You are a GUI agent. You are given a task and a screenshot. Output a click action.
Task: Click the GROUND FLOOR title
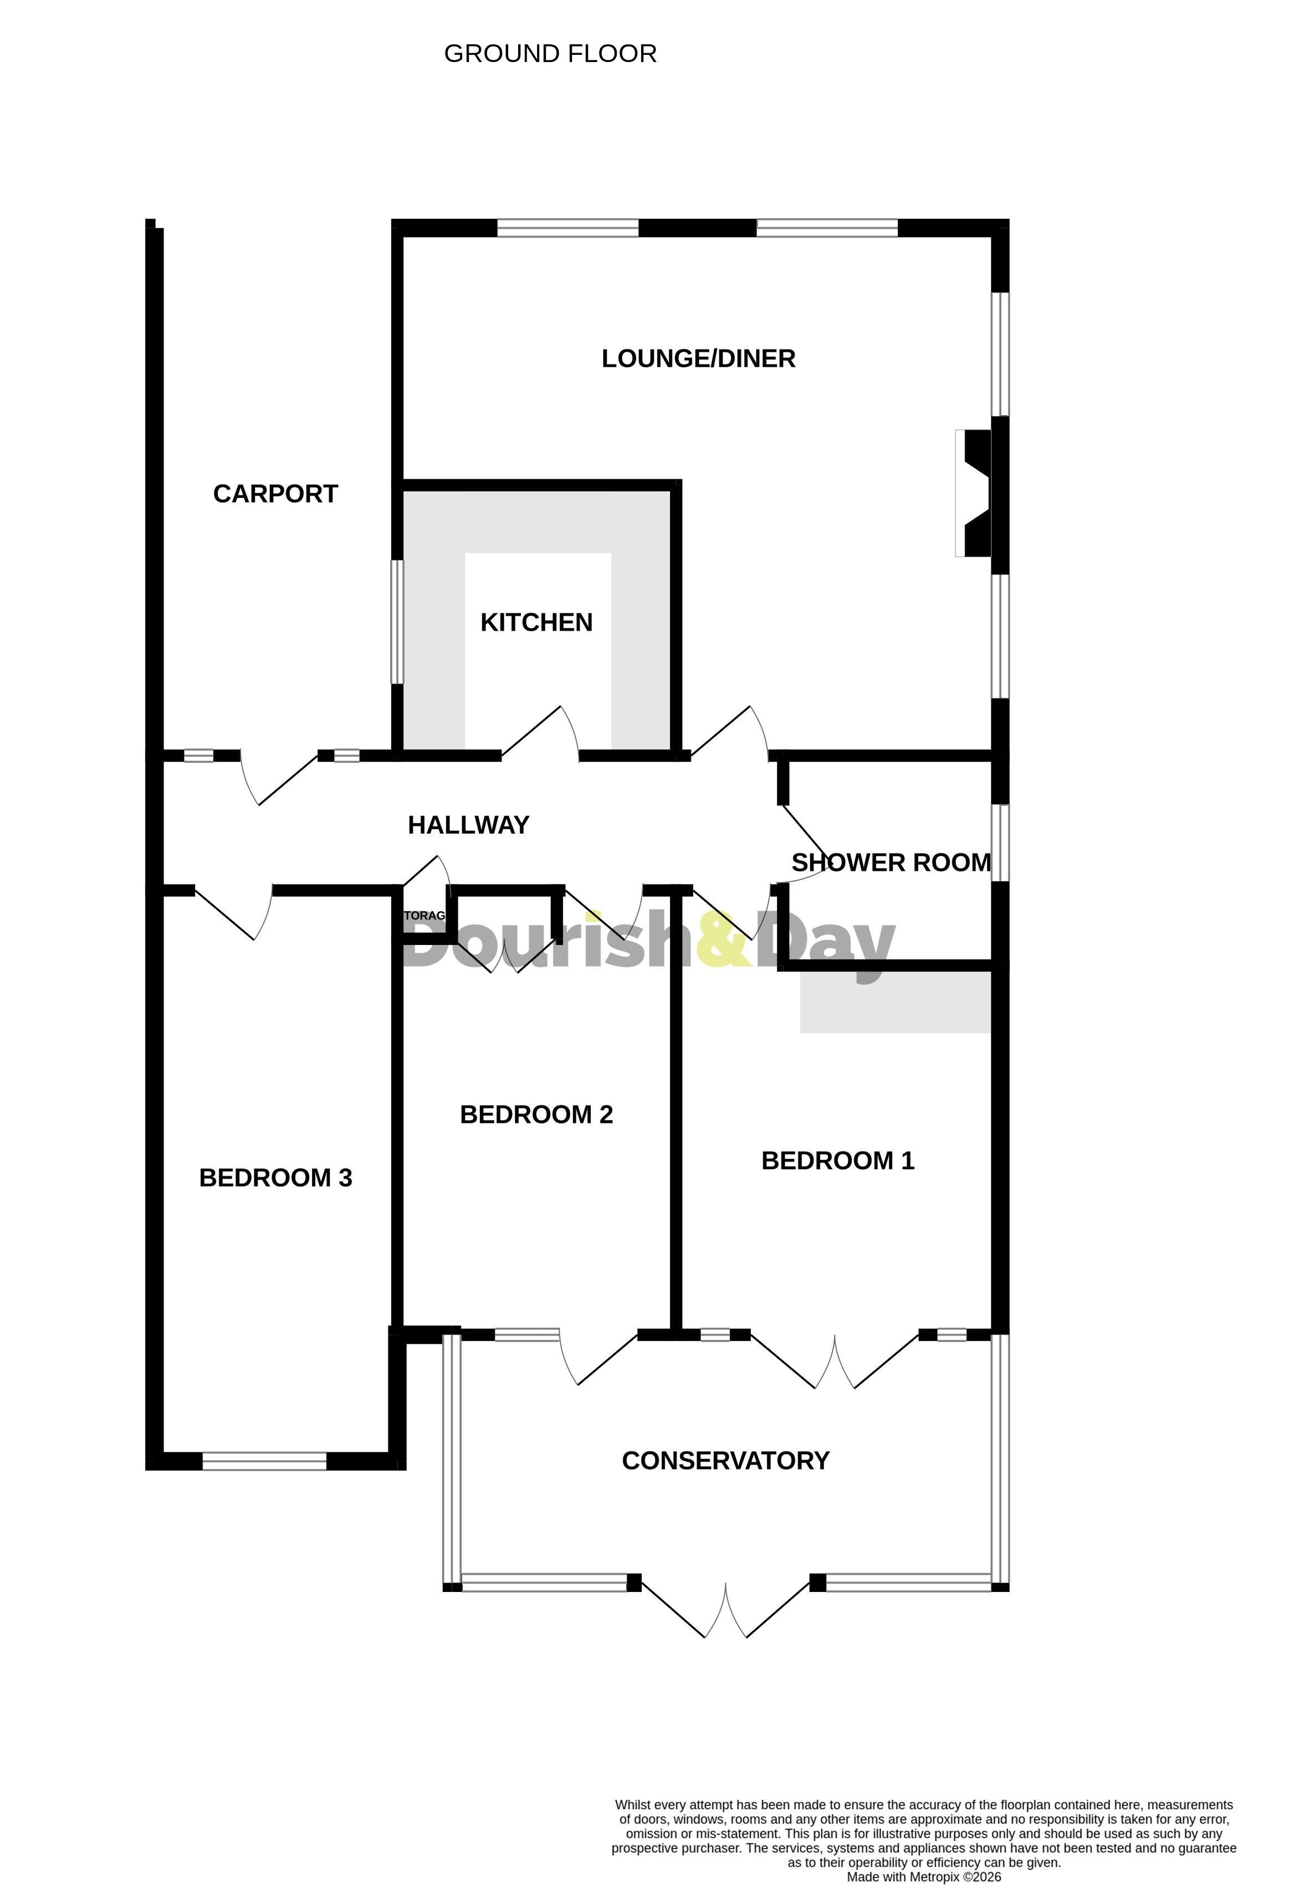[x=550, y=54]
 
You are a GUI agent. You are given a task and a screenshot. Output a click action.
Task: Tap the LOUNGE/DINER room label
[x=698, y=358]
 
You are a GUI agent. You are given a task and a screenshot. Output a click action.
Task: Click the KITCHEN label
[x=536, y=622]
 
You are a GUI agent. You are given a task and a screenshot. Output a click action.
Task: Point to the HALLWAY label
[x=468, y=825]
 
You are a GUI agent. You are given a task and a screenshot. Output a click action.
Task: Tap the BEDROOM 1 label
[x=837, y=1160]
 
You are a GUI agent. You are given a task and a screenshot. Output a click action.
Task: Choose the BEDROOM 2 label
[x=536, y=1114]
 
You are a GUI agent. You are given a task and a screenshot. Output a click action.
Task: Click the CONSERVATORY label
[x=725, y=1461]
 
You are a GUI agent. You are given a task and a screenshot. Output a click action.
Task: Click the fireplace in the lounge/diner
[x=974, y=493]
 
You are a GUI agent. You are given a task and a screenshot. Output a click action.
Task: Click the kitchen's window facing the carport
[x=397, y=622]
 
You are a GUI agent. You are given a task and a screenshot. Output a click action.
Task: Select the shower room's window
[x=1000, y=843]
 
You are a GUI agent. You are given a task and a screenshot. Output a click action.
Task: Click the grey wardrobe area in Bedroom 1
[x=895, y=1003]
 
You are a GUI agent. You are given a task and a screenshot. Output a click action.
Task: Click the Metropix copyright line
[x=923, y=1877]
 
